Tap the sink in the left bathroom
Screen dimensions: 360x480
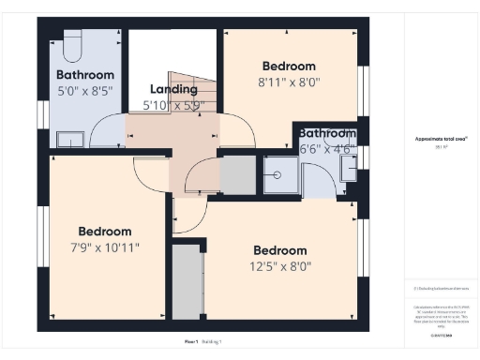point(69,140)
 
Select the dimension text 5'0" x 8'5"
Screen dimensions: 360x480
point(85,92)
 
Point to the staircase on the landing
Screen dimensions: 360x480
point(192,89)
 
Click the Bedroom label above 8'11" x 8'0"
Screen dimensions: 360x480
point(289,67)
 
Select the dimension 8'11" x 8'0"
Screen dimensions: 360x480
point(289,82)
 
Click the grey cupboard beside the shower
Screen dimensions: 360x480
point(238,175)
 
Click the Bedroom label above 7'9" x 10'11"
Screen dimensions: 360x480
point(105,231)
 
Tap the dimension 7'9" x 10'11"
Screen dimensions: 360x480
point(105,247)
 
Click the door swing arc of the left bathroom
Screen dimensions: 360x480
point(111,127)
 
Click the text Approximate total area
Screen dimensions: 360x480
point(441,138)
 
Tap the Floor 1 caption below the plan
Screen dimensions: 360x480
point(191,341)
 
